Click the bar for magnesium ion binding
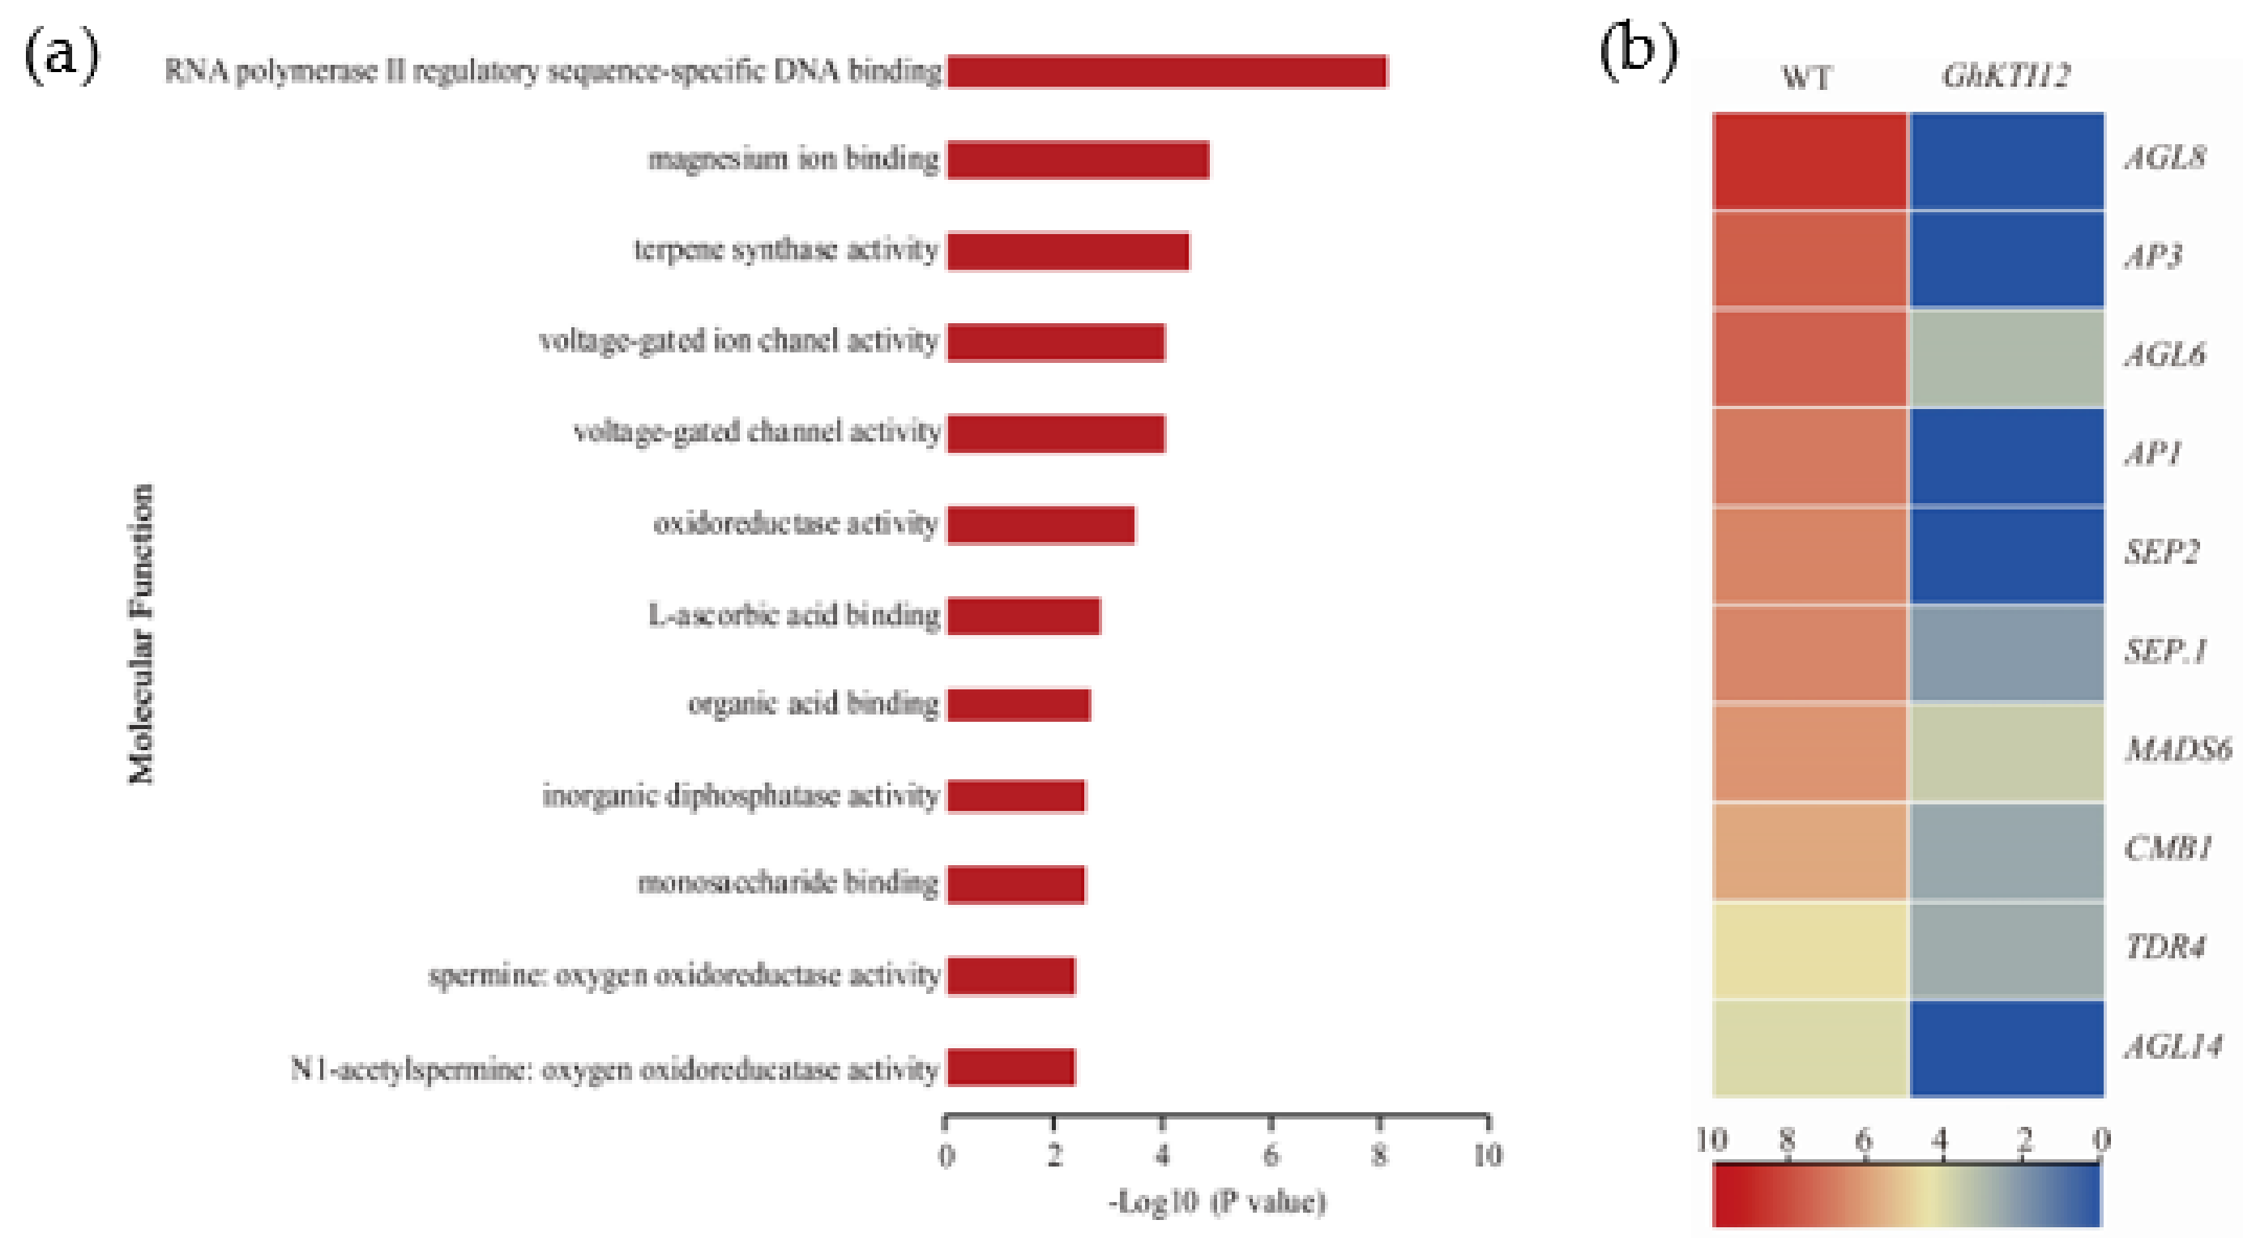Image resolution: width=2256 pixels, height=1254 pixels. click(x=1077, y=160)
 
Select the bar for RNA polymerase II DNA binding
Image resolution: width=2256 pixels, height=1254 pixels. click(x=1167, y=72)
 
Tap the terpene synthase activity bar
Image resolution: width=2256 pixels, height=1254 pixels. click(x=1067, y=251)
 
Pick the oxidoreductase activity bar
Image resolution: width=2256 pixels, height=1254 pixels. click(x=1040, y=526)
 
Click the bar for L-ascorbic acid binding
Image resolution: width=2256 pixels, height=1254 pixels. click(x=1023, y=616)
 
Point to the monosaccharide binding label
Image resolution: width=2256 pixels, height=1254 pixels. click(x=788, y=883)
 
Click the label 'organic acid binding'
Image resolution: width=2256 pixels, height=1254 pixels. click(x=813, y=704)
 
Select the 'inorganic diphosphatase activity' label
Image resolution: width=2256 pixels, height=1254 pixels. click(x=740, y=796)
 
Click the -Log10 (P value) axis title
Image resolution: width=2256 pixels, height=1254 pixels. click(x=1217, y=1202)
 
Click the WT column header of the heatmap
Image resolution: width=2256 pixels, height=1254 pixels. click(x=1805, y=78)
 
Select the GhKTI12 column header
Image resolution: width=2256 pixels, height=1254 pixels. click(x=2006, y=76)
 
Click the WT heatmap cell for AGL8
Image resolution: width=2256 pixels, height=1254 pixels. click(x=1809, y=161)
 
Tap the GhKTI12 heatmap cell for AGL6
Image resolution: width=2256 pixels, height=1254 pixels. click(x=2006, y=358)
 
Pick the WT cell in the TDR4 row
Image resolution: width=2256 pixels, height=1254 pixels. click(x=1809, y=950)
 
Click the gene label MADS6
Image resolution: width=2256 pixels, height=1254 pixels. click(x=2177, y=749)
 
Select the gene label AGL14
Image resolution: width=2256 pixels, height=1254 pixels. click(x=2173, y=1047)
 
